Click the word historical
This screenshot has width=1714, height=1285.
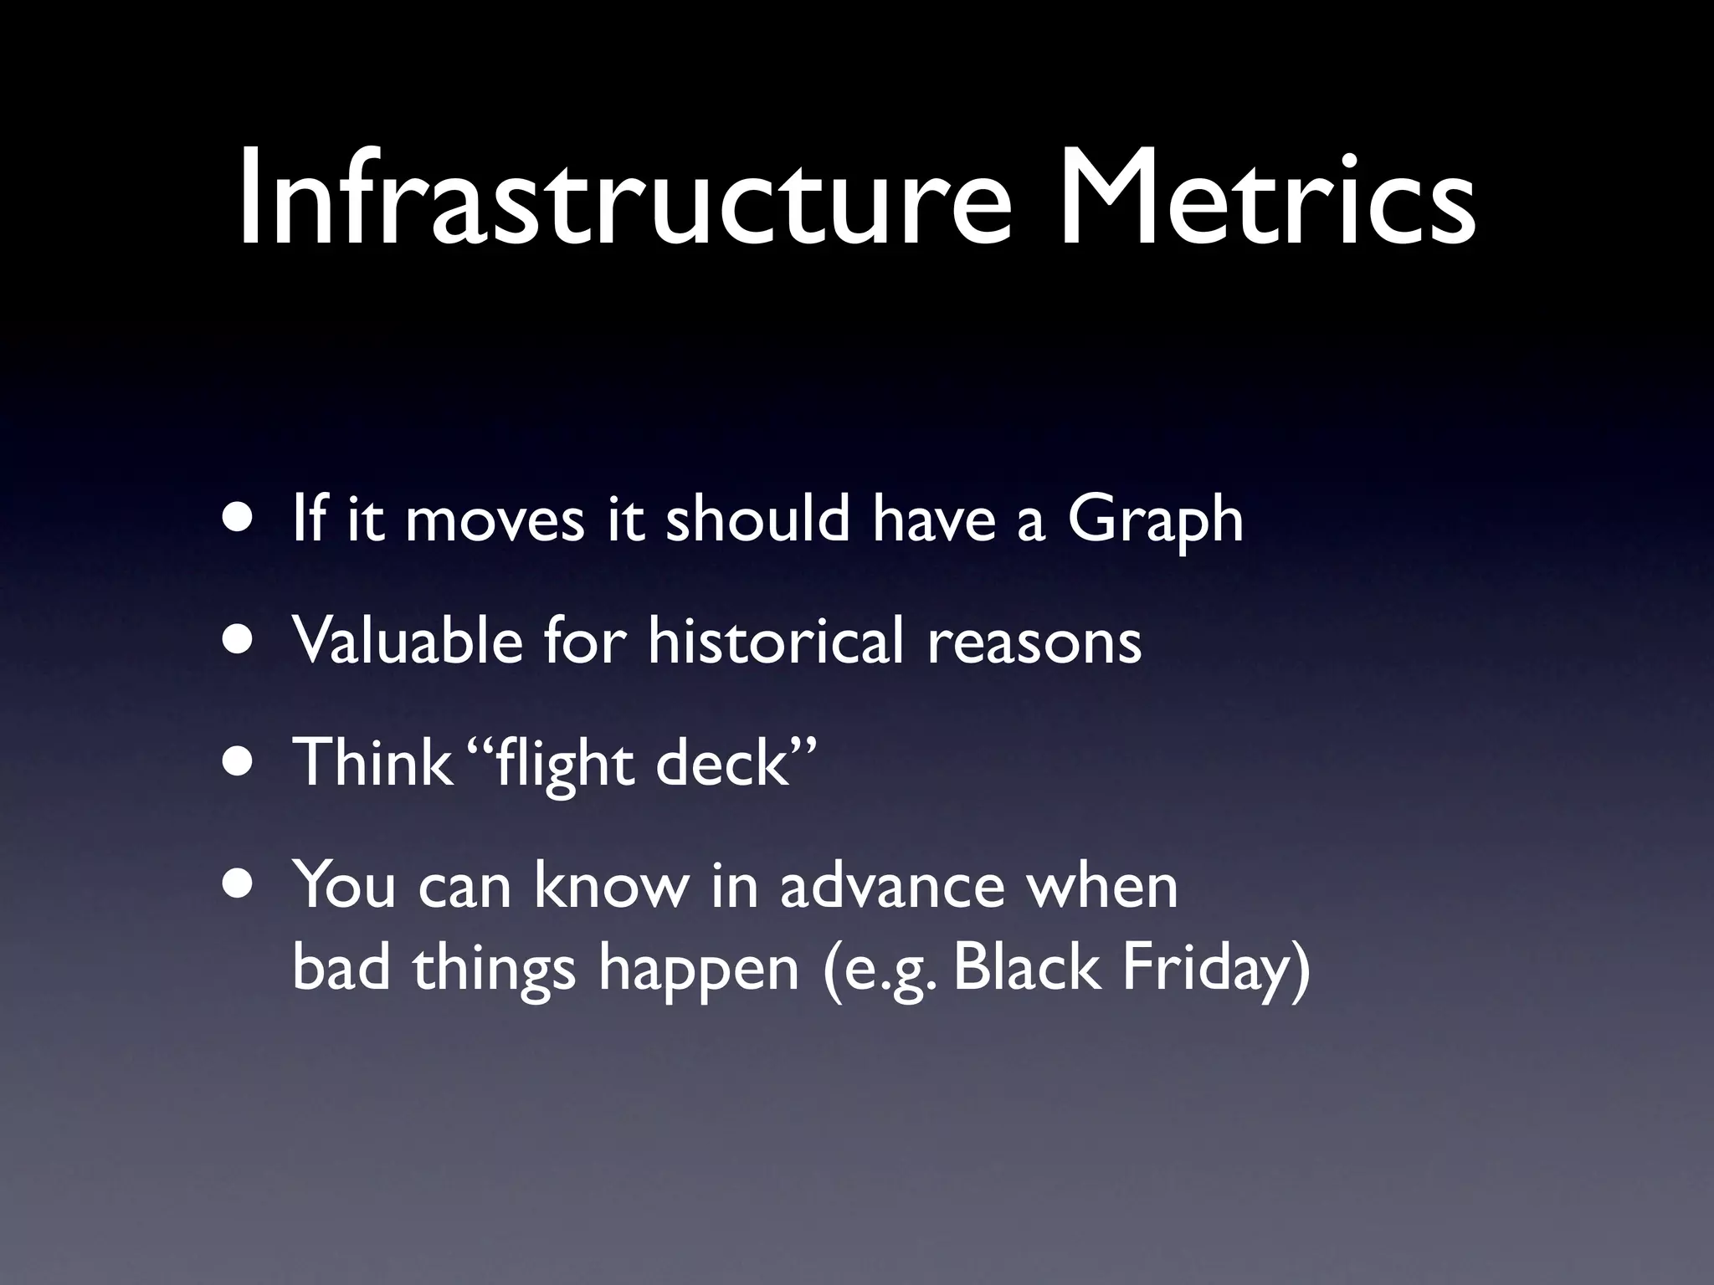click(x=775, y=640)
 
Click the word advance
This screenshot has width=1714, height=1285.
click(x=891, y=885)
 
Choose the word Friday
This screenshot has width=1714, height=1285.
click(x=1205, y=969)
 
